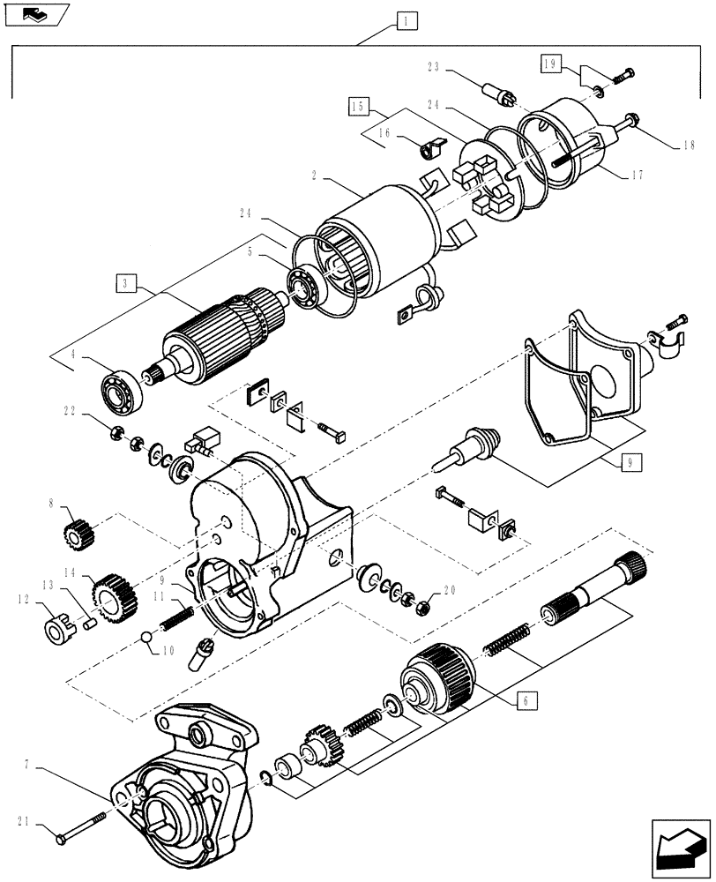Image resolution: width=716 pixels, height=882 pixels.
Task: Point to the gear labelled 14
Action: pyautogui.click(x=109, y=594)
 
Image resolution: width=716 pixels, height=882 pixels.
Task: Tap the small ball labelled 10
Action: pyautogui.click(x=145, y=638)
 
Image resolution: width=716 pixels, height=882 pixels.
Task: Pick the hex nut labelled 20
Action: pyautogui.click(x=422, y=607)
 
